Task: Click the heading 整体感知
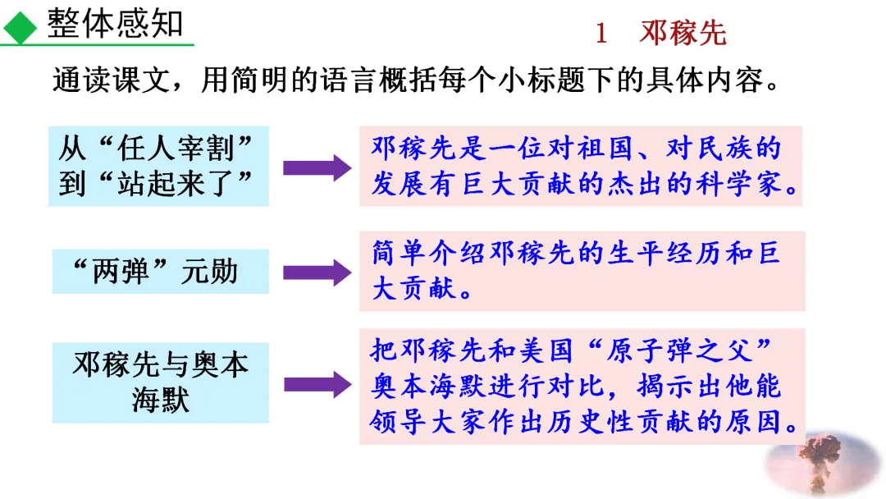pyautogui.click(x=116, y=24)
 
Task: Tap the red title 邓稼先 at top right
pyautogui.click(x=683, y=34)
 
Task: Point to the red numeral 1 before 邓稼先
pyautogui.click(x=601, y=34)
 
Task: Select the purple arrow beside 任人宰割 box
pyautogui.click(x=317, y=167)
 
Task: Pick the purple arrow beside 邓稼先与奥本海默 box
pyautogui.click(x=317, y=383)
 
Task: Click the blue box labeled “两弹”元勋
pyautogui.click(x=160, y=272)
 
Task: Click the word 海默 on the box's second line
pyautogui.click(x=160, y=400)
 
